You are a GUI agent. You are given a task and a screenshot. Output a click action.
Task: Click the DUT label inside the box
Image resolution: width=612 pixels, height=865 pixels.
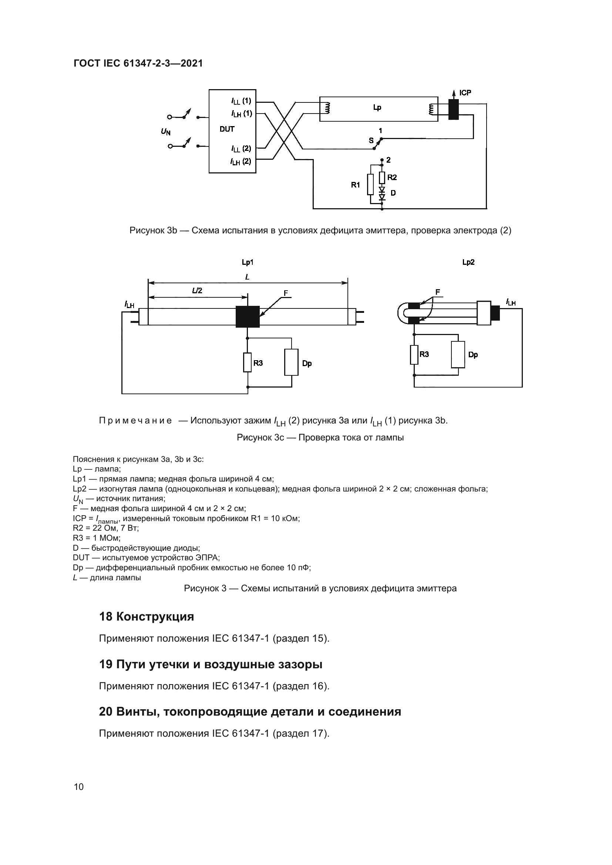[227, 129]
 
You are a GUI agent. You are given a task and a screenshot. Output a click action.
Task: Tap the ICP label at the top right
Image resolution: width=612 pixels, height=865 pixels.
[465, 93]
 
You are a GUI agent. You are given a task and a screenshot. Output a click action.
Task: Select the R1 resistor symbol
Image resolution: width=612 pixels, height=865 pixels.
[370, 184]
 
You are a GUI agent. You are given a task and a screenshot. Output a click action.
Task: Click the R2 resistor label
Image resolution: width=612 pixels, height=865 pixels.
[392, 177]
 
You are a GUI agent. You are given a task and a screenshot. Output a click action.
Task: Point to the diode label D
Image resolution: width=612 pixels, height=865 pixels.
[393, 193]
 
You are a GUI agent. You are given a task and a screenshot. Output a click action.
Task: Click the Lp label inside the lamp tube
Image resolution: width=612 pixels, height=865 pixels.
[377, 108]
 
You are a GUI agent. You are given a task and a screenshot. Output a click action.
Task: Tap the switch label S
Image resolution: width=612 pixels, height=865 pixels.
[371, 141]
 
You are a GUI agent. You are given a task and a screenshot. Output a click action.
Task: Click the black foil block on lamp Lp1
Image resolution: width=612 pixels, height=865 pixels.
[248, 317]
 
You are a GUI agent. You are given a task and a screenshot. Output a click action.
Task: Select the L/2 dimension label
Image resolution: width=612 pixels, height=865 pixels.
[197, 290]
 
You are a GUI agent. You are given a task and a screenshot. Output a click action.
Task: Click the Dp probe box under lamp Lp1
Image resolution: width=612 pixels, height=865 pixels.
[291, 362]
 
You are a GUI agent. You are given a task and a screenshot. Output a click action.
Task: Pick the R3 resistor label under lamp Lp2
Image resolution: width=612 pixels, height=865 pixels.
[424, 354]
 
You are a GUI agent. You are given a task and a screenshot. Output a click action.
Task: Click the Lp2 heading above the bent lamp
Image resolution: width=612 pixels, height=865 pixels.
[468, 262]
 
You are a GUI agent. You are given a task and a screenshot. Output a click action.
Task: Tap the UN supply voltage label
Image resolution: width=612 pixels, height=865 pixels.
[165, 132]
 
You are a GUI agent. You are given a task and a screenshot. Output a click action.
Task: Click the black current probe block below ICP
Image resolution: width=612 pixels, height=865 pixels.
[454, 109]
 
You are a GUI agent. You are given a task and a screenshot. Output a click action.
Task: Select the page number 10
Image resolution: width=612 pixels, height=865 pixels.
[79, 787]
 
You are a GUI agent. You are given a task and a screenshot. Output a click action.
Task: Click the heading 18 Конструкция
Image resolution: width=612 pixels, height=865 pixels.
[146, 616]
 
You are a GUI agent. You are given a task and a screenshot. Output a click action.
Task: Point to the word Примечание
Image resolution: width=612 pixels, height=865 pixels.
[135, 420]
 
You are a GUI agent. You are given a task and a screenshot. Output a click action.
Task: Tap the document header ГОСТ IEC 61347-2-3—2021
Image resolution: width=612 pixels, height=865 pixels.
[138, 63]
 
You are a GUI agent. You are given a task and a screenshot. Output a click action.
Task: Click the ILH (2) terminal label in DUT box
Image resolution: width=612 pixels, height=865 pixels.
[241, 162]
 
